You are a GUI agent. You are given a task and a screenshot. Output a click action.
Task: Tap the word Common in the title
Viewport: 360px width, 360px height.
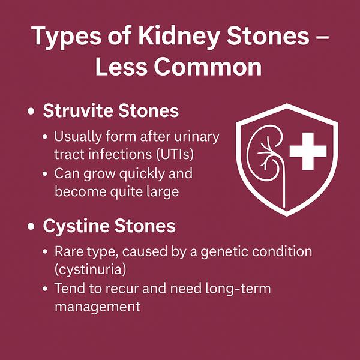pyautogui.click(x=208, y=67)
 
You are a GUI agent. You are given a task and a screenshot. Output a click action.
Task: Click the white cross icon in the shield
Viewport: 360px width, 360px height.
pyautogui.click(x=308, y=151)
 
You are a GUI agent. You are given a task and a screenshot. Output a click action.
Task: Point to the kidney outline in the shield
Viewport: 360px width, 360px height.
pyautogui.click(x=248, y=154)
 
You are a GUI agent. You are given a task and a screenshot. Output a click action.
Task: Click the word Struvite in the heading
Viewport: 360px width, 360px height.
pyautogui.click(x=78, y=110)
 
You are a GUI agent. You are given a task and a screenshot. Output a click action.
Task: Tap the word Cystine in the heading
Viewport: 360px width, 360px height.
pyautogui.click(x=76, y=226)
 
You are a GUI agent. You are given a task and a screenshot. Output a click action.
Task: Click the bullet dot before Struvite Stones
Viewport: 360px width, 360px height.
pyautogui.click(x=31, y=112)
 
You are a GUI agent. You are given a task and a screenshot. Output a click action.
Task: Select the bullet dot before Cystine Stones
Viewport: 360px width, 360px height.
pyautogui.click(x=31, y=226)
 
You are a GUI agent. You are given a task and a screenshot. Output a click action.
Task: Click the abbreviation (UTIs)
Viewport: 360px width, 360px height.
pyautogui.click(x=175, y=154)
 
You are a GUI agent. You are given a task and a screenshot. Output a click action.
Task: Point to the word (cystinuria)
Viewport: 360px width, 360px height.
pyautogui.click(x=90, y=269)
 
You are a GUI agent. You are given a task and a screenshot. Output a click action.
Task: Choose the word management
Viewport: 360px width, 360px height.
pyautogui.click(x=98, y=307)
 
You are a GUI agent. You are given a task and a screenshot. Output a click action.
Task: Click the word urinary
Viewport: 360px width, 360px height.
pyautogui.click(x=197, y=137)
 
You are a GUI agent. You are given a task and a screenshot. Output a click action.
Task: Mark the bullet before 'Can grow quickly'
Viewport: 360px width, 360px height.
pyautogui.click(x=45, y=174)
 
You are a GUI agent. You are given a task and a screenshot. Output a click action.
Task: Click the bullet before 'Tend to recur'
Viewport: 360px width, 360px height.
pyautogui.click(x=45, y=289)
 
